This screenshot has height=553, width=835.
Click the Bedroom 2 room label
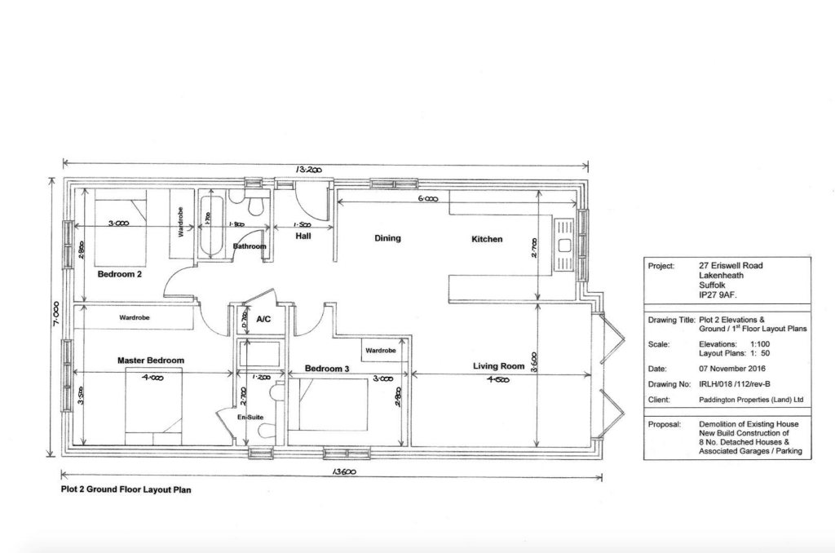(120, 275)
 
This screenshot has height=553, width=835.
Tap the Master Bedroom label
(151, 361)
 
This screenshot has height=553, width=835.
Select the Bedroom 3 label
(327, 369)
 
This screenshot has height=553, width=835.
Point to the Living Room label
(498, 366)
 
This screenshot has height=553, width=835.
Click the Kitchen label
(487, 240)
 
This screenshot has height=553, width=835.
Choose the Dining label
(387, 239)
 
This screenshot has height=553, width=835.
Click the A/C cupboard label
(263, 320)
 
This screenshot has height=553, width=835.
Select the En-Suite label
(250, 416)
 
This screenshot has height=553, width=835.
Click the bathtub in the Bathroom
(207, 224)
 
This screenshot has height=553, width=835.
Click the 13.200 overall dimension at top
(311, 170)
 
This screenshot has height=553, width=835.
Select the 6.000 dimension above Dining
(427, 199)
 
